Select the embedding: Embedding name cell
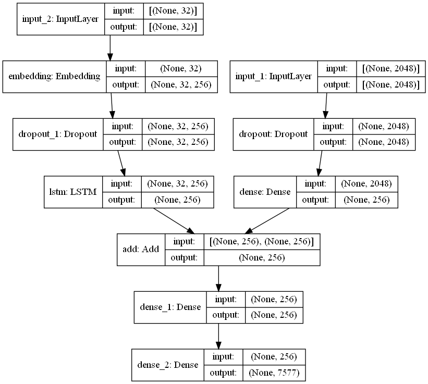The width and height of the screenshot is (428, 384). tap(54, 76)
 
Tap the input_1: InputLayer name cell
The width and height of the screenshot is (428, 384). tap(274, 76)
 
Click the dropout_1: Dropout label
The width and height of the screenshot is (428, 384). tap(57, 134)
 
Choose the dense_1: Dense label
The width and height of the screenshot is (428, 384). tap(171, 307)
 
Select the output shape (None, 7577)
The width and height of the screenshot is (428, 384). tap(273, 373)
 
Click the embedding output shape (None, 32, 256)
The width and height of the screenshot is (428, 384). tap(180, 84)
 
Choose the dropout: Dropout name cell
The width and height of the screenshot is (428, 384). tap(273, 134)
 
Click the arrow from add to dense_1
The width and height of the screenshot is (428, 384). tap(218, 278)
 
